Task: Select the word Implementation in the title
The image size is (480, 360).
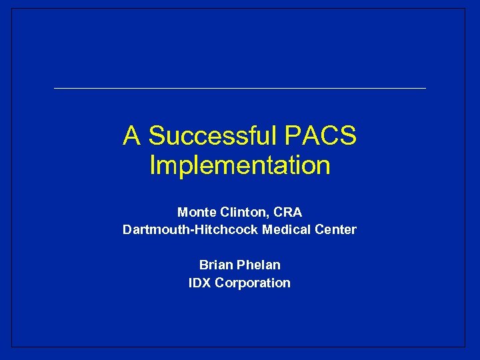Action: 240,165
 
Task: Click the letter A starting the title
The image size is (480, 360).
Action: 131,136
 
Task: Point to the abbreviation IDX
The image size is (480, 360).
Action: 200,283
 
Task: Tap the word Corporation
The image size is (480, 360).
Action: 253,283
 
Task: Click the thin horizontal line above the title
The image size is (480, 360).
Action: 240,88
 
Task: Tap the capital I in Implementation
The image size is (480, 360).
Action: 153,165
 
